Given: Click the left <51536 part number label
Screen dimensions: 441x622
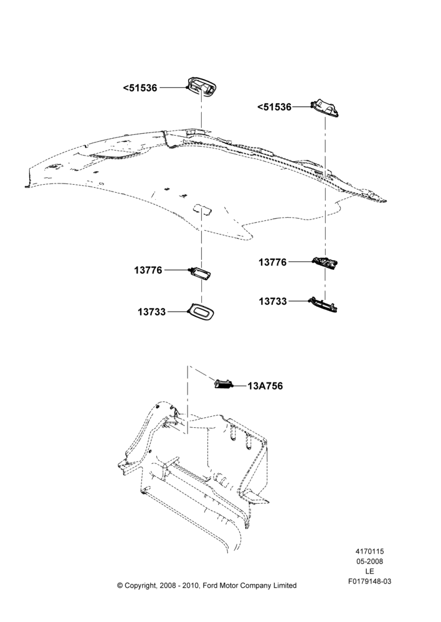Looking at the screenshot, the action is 140,88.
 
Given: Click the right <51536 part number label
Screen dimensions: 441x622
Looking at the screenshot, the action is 274,107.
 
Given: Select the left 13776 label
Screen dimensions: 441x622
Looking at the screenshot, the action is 148,270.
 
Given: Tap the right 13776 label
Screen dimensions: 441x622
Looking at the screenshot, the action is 273,262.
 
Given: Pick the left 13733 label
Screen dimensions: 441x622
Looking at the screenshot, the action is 152,312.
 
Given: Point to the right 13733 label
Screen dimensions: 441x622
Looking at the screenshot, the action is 273,302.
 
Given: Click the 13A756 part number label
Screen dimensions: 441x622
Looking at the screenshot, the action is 265,386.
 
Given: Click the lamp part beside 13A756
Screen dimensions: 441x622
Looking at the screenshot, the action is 223,384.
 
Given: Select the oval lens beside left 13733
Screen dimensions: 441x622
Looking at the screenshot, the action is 201,310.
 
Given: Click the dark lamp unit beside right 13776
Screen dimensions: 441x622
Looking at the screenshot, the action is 326,262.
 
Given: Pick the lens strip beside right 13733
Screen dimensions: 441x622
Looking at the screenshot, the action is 323,305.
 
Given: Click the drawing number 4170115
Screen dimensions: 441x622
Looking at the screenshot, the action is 369,551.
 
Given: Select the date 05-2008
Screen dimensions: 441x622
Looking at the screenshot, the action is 369,561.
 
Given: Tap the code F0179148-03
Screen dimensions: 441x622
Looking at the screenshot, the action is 370,582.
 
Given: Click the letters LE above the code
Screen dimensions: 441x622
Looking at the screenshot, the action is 369,572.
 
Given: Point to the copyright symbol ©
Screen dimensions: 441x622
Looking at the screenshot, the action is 120,585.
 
